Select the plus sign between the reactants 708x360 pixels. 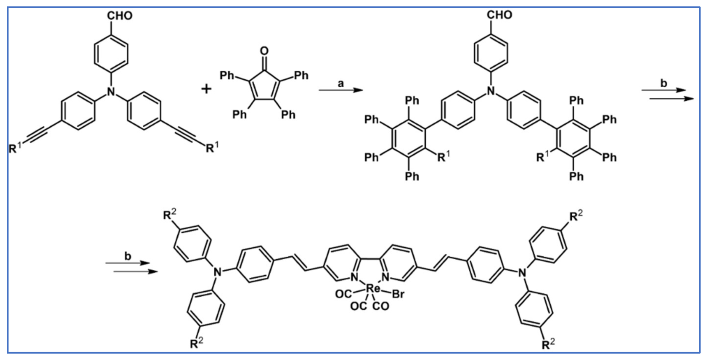pyautogui.click(x=206, y=90)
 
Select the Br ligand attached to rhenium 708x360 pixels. pyautogui.click(x=398, y=295)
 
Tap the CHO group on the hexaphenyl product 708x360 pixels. pyautogui.click(x=501, y=15)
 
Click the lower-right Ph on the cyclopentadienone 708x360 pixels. pyautogui.click(x=289, y=115)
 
